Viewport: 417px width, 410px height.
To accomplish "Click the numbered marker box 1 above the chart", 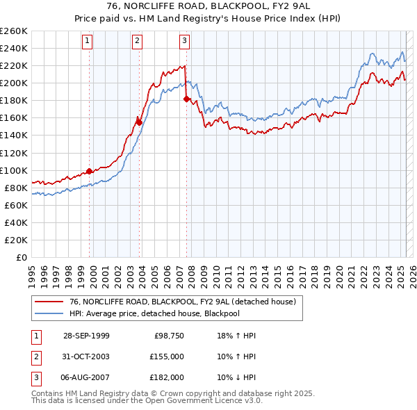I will (x=88, y=41).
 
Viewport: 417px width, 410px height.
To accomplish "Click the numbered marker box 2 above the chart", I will (x=137, y=41).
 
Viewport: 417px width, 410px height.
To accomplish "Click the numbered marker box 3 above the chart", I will (x=184, y=41).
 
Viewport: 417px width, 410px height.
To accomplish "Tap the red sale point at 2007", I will (x=186, y=99).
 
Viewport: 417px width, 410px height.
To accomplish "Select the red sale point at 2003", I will (x=139, y=122).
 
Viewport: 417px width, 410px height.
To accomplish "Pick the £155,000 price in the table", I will (x=167, y=356).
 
